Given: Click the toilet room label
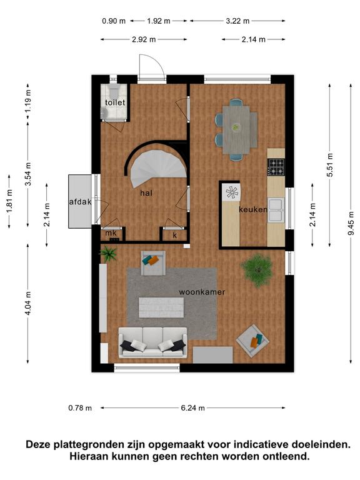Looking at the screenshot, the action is (x=115, y=102).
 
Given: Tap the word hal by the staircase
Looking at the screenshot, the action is (x=146, y=193).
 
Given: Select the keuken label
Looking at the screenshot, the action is (x=253, y=209).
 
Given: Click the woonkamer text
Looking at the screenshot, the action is (x=202, y=292).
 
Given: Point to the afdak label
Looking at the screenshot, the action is (x=80, y=202).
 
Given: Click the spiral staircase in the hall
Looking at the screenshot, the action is (x=158, y=168).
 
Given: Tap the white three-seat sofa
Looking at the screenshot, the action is (x=152, y=342).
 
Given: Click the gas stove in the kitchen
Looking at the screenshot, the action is (x=276, y=167).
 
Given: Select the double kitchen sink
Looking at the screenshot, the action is (x=276, y=210).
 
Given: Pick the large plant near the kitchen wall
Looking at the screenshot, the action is (x=257, y=270).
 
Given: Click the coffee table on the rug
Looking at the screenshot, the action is (x=161, y=307).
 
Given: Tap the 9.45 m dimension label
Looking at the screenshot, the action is (x=351, y=223).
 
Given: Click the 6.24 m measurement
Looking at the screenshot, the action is (x=192, y=407).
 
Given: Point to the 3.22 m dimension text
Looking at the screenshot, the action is (x=237, y=21).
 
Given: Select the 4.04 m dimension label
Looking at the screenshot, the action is (x=28, y=303).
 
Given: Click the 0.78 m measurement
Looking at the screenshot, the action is (x=80, y=407).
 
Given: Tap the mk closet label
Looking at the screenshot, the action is (x=111, y=232).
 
